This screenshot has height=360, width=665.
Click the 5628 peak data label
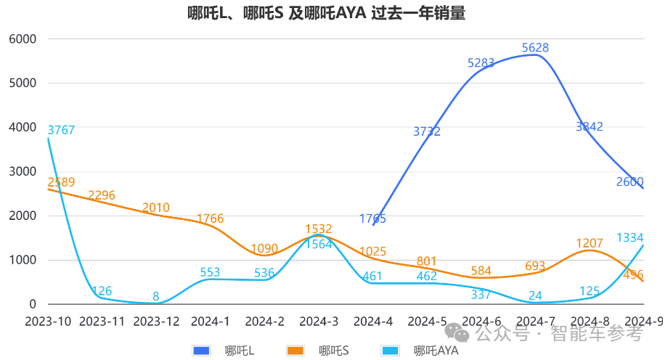[x=535, y=49]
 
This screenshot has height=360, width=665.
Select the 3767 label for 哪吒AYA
[x=61, y=131]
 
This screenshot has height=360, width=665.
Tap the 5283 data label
[x=481, y=63]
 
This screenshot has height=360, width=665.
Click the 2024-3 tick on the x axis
[x=319, y=321]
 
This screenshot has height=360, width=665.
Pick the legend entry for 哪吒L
[x=224, y=351]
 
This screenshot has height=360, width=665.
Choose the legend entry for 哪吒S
[x=319, y=351]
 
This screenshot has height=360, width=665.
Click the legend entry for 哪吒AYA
[x=420, y=351]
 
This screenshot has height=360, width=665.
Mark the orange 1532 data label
[x=319, y=230]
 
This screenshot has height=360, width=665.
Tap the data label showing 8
[x=156, y=296]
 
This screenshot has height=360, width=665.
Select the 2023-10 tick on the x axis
[x=49, y=321]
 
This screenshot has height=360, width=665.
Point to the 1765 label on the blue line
[x=372, y=218]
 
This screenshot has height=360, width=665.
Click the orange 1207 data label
[x=589, y=243]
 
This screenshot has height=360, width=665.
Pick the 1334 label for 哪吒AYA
[x=629, y=238]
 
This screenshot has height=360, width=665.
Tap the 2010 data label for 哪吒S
[x=156, y=208]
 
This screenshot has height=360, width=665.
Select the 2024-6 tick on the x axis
[x=481, y=321]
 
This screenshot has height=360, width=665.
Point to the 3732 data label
[x=427, y=131]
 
